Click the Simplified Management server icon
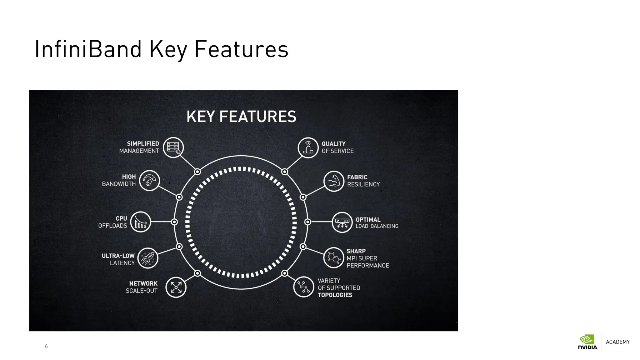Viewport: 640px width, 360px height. tap(173, 147)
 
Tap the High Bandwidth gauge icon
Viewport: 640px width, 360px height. tap(149, 181)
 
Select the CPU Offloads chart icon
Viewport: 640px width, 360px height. tap(141, 222)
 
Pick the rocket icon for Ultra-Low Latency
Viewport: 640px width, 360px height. tap(148, 258)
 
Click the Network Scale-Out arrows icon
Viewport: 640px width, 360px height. tap(176, 287)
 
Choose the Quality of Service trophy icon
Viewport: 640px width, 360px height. tap(308, 147)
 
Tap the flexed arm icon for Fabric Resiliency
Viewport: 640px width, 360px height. tap(334, 181)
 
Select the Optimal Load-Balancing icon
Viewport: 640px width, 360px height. tap(342, 222)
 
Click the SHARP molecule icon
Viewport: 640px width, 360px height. tap(333, 258)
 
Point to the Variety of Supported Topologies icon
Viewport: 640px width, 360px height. tap(303, 287)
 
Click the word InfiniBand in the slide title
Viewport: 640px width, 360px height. tap(88, 49)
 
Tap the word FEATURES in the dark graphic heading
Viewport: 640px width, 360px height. tap(257, 117)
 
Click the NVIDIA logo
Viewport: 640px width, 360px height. tap(587, 342)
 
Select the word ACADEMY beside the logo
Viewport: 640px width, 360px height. tap(617, 342)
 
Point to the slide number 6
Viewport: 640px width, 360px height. tap(46, 346)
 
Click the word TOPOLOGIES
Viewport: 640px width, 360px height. tap(335, 295)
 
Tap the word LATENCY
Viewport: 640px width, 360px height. tap(122, 263)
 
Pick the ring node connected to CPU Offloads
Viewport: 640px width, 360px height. tap(174, 222)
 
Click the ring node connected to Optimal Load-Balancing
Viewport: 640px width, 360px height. tap(307, 222)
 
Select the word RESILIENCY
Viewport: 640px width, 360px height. tap(363, 184)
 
